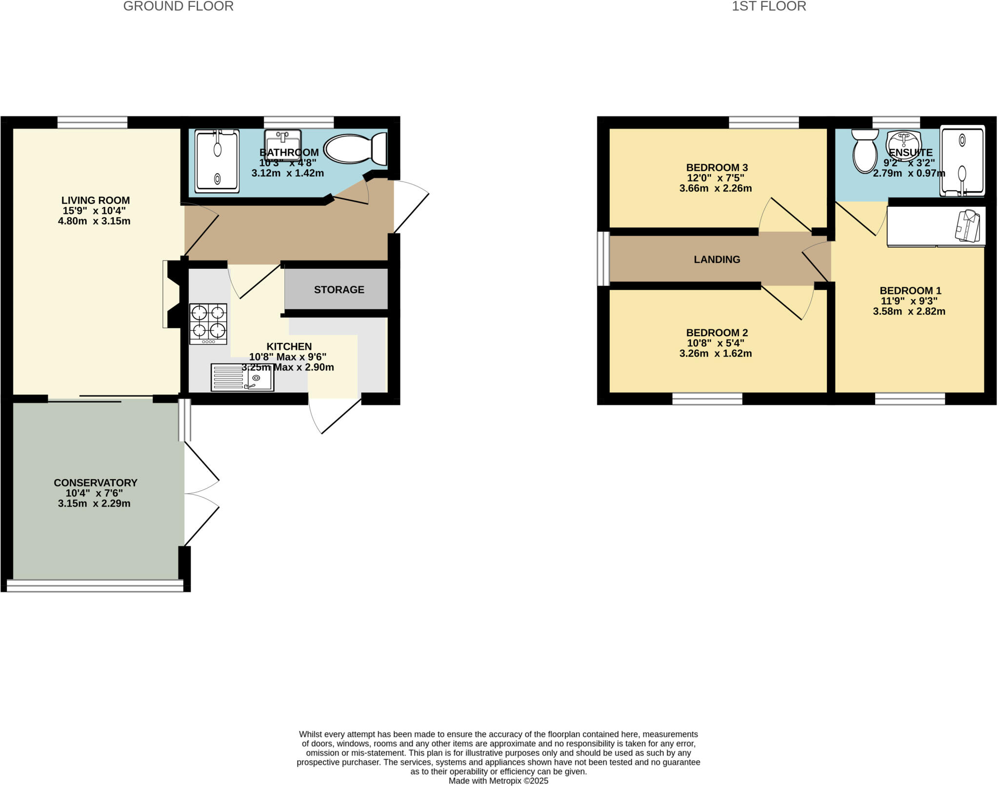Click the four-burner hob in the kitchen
click(x=208, y=324)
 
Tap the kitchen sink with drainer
click(x=242, y=377)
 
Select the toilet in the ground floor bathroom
click(x=355, y=149)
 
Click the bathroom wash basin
click(x=282, y=141)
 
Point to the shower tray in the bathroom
click(x=217, y=161)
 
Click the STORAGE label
click(x=339, y=290)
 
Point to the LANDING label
click(x=717, y=260)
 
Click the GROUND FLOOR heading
click(x=178, y=6)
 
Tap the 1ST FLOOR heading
click(x=769, y=6)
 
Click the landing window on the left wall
click(x=603, y=259)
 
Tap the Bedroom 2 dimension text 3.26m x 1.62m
click(x=715, y=354)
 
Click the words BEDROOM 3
click(x=717, y=167)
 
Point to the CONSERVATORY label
click(x=96, y=483)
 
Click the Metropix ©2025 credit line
click(x=498, y=781)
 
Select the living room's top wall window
click(x=92, y=122)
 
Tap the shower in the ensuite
click(x=962, y=161)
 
